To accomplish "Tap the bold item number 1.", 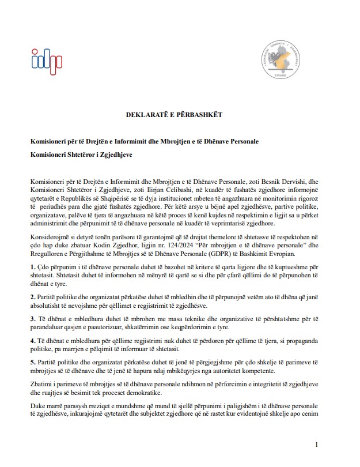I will point(33,266).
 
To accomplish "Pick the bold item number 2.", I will point(33,296).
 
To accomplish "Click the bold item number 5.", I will point(33,361).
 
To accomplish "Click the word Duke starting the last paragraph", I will point(38,405).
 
